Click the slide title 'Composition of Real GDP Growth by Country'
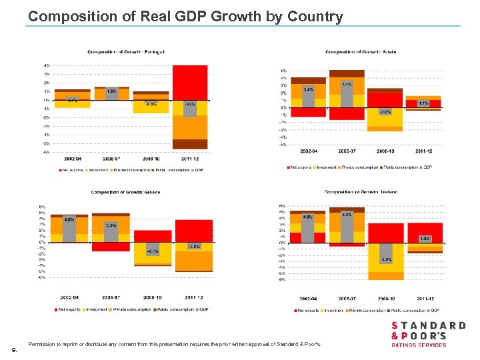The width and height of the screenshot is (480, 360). (185, 17)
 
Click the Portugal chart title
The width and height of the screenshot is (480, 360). (126, 52)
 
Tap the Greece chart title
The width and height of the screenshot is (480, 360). (125, 192)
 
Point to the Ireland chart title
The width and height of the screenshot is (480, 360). (361, 192)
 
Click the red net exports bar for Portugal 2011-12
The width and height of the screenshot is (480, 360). (190, 82)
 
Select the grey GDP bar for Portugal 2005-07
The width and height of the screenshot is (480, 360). (112, 93)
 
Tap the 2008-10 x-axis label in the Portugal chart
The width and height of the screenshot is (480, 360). (151, 159)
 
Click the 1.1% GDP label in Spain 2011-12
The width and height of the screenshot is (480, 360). (423, 103)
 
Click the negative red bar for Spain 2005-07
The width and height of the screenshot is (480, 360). (347, 114)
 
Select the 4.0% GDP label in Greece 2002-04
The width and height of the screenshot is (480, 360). (69, 219)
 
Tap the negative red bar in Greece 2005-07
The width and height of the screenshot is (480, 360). (110, 247)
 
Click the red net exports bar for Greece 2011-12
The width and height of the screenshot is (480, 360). (193, 230)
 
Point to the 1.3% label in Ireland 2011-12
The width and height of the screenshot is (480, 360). (424, 238)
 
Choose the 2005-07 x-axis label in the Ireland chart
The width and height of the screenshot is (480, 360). (346, 299)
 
